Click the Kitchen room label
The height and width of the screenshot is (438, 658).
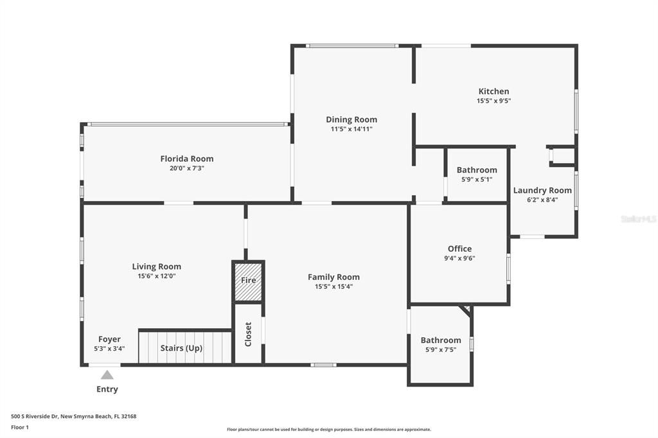[x=493, y=91]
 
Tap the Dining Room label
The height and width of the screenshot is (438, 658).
[x=351, y=119]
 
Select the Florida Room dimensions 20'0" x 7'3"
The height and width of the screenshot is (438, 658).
[x=186, y=168]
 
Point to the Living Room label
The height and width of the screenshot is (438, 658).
[x=156, y=267]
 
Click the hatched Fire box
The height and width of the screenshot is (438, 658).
[x=248, y=281]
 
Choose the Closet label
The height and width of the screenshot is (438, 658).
[x=248, y=334]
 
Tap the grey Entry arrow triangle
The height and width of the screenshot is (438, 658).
[x=107, y=374]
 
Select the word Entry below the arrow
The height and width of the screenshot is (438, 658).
[x=107, y=389]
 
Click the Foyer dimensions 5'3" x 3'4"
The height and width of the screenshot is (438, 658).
[x=109, y=349]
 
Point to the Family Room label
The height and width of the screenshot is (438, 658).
[x=333, y=277]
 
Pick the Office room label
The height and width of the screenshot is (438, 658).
[x=459, y=249]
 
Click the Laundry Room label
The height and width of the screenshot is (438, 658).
[x=542, y=190]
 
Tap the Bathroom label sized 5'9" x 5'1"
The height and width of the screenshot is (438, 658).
[x=477, y=170]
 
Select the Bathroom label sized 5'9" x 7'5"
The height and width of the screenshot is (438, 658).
[x=441, y=340]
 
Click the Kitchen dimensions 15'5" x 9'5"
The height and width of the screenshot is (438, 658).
[x=493, y=101]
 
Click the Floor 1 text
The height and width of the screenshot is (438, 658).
[x=20, y=427]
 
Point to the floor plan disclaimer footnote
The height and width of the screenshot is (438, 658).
[x=328, y=430]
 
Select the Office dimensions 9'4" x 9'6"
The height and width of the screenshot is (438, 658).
[x=459, y=258]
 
